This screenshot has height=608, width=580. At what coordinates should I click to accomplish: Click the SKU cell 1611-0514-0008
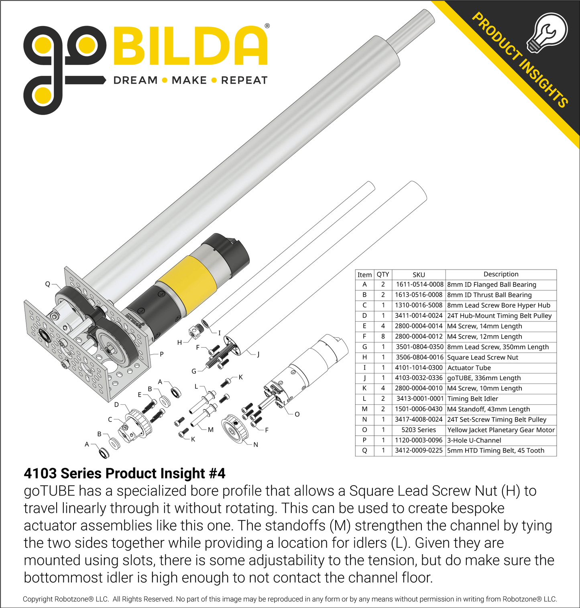[419, 284]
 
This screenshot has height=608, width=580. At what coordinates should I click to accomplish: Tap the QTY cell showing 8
[383, 336]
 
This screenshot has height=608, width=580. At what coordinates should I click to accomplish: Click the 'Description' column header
[501, 274]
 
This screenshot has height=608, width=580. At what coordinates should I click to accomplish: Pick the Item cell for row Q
[364, 450]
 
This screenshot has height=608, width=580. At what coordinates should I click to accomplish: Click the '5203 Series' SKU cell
[419, 430]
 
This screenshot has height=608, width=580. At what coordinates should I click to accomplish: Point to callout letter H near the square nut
[179, 343]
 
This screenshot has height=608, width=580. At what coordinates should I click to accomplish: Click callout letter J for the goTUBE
[258, 354]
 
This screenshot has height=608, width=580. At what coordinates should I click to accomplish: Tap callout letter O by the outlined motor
[297, 414]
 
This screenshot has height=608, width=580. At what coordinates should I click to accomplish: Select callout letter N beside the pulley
[256, 444]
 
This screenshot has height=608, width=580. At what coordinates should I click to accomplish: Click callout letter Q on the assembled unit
[47, 284]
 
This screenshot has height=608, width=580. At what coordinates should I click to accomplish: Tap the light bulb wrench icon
[547, 32]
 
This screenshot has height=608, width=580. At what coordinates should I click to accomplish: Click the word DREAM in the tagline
[135, 81]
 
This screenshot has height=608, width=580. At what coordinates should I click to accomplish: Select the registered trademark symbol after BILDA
[267, 26]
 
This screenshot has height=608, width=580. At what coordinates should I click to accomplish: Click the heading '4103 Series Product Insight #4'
[124, 473]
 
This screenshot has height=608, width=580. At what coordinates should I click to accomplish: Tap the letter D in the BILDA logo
[214, 46]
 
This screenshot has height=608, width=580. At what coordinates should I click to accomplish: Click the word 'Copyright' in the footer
[37, 599]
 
